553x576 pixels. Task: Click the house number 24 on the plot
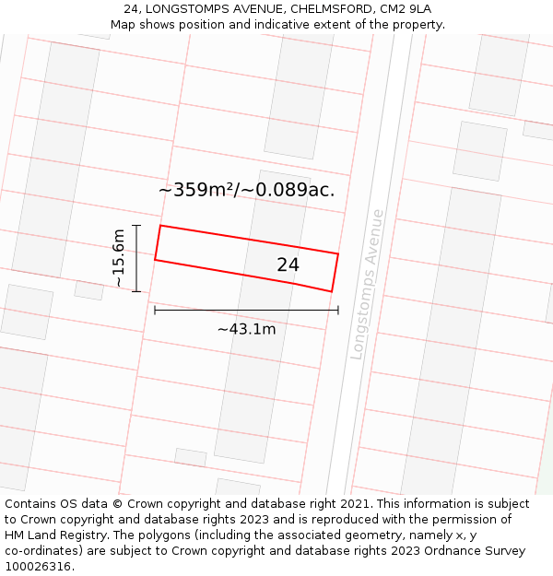click(288, 265)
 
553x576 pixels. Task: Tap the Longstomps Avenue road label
click(367, 284)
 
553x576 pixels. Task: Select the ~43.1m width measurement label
click(246, 329)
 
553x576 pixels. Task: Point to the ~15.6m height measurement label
click(118, 258)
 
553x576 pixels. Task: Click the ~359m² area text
click(198, 190)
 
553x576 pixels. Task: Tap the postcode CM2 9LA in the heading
click(406, 9)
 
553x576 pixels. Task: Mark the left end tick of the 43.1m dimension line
click(155, 311)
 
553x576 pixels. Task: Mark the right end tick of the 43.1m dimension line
click(338, 311)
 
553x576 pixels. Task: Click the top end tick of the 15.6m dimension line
click(136, 225)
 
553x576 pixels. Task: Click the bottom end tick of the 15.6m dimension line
click(136, 292)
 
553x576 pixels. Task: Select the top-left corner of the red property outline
click(160, 226)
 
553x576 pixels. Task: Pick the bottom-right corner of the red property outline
click(332, 292)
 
